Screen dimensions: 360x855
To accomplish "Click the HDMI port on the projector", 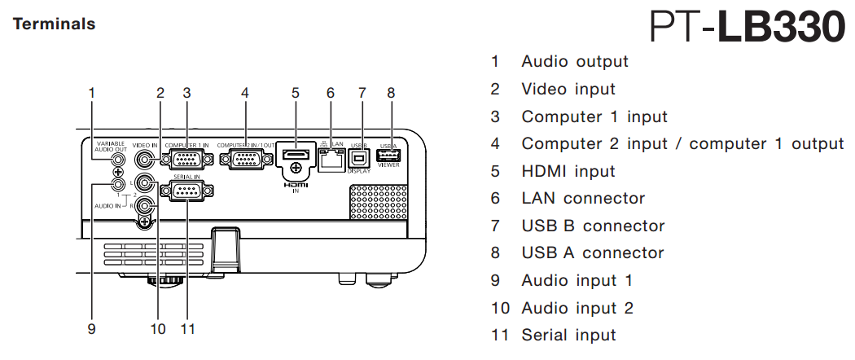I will click(x=296, y=155).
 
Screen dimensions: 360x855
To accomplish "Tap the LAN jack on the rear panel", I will click(x=331, y=160).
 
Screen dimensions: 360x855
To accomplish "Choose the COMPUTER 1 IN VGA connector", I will click(x=186, y=159).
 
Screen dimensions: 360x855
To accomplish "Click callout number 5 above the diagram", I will click(x=296, y=93).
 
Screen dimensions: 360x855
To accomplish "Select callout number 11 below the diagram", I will click(x=188, y=329).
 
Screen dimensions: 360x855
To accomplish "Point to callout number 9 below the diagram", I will click(x=92, y=329).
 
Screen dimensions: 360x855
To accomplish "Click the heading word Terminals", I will click(x=54, y=24).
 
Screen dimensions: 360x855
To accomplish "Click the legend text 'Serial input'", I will click(x=568, y=335).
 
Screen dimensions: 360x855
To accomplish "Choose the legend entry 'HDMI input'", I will click(x=568, y=171).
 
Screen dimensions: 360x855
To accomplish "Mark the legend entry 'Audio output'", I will click(x=575, y=61).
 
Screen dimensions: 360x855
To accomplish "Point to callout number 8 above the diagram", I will click(x=391, y=93).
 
